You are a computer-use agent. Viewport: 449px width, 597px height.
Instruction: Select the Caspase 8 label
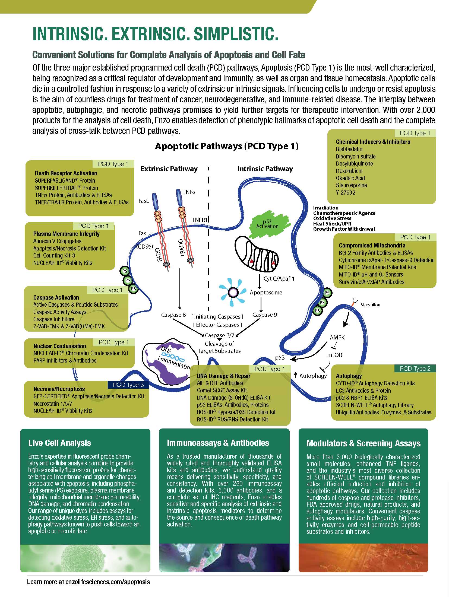173,315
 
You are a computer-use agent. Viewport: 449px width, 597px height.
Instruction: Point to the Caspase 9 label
265,315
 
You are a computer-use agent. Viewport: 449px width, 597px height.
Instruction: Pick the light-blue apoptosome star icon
233,292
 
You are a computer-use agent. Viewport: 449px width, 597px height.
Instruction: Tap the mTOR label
334,355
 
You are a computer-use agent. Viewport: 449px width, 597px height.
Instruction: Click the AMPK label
337,338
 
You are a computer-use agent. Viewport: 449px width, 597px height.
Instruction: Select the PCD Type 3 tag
128,385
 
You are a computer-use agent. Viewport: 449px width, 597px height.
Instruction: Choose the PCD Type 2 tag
415,369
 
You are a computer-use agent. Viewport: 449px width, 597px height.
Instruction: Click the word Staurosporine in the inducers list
351,185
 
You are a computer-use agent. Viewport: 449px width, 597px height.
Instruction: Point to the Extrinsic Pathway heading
169,169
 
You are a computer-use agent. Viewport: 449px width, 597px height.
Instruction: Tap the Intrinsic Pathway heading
265,169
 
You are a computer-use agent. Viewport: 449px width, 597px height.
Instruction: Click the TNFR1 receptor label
200,220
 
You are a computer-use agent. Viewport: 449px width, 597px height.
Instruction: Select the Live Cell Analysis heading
59,443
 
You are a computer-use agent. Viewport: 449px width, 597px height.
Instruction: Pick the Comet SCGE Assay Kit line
222,390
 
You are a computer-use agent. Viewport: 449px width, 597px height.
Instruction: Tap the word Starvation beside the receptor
370,305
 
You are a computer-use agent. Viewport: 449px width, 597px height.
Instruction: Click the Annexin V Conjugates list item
57,241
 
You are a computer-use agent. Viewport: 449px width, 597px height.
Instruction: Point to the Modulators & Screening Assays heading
363,443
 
